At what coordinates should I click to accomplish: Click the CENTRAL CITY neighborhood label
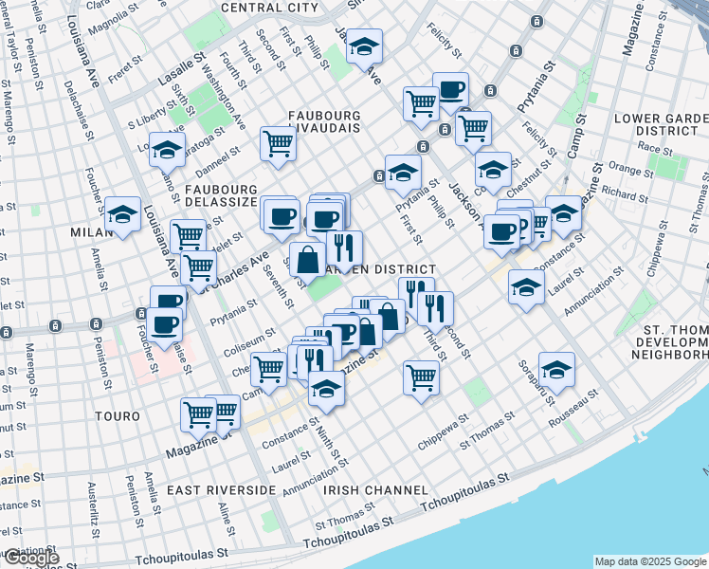269,8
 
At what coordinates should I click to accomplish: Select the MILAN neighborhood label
91,231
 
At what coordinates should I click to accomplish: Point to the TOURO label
118,416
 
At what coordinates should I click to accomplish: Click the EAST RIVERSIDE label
221,490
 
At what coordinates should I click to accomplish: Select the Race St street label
655,148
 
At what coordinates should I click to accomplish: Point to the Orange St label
626,171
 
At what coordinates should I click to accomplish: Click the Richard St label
624,193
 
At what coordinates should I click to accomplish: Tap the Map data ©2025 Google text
649,561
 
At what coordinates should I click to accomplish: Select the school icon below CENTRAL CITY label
363,46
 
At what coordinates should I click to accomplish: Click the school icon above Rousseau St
556,369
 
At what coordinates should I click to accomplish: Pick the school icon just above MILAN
122,215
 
